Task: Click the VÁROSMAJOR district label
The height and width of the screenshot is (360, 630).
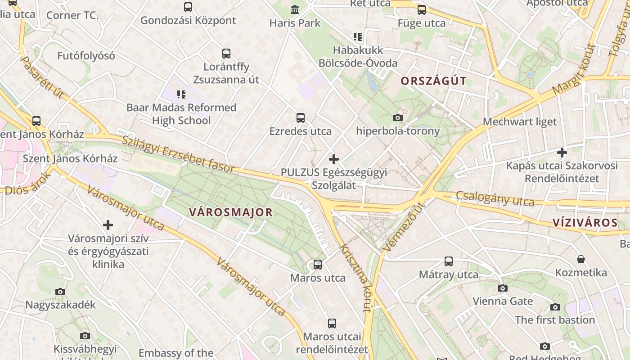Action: coord(231,212)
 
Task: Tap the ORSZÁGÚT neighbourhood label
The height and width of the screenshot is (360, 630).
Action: coord(433,81)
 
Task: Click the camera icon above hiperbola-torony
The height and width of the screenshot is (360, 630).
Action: coord(398,118)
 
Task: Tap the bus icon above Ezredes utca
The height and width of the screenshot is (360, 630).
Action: coord(301,118)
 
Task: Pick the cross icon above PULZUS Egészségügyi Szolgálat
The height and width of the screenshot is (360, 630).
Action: coord(334,159)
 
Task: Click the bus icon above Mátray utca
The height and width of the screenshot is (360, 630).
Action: coord(449,261)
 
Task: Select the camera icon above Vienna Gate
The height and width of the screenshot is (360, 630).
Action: coord(503,288)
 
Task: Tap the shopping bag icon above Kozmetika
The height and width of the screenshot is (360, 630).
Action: coord(581,260)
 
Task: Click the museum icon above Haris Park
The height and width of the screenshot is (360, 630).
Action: coord(295,9)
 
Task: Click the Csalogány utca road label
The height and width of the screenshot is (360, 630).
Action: coord(495,198)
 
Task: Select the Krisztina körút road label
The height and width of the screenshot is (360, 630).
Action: coord(355,278)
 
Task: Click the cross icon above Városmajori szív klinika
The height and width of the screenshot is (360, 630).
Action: coord(108,225)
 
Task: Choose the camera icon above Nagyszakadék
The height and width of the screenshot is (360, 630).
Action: coord(60,292)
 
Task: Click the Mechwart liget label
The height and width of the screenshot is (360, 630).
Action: coord(520,121)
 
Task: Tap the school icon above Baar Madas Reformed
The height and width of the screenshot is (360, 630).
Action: coord(181,94)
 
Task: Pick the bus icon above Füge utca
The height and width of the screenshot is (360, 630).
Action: coord(422,10)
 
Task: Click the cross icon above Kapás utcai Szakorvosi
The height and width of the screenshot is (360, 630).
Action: coord(562,153)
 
